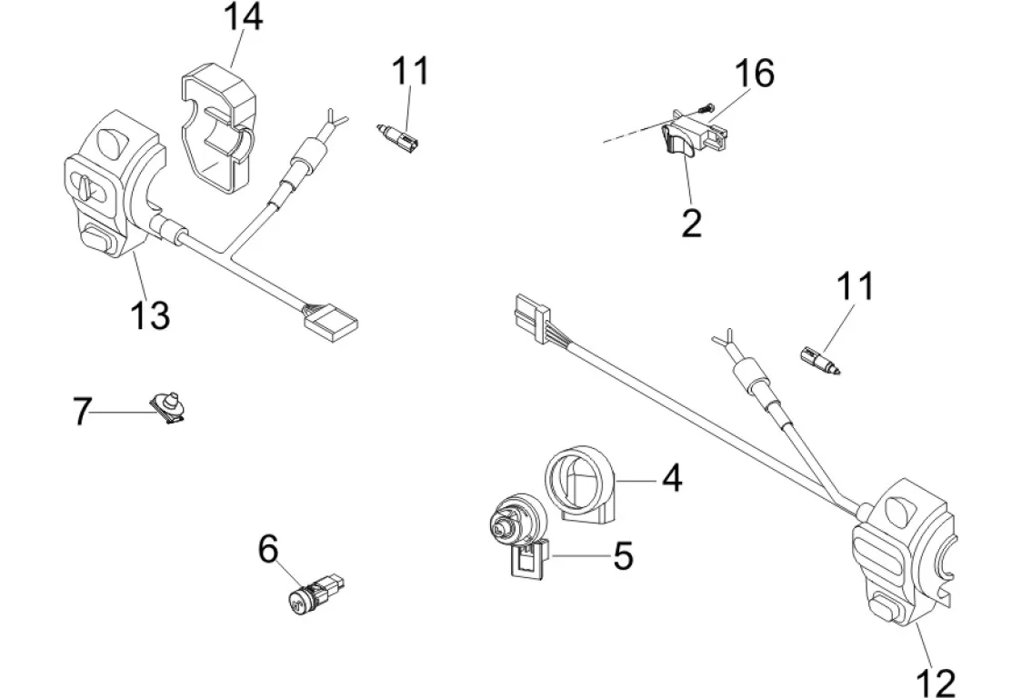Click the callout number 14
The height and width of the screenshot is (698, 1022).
pyautogui.click(x=242, y=18)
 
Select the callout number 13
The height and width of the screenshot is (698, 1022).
pyautogui.click(x=149, y=315)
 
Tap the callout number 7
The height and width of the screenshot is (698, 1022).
pyautogui.click(x=82, y=412)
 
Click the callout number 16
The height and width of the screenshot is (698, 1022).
pyautogui.click(x=755, y=74)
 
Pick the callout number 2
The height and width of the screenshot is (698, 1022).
pyautogui.click(x=691, y=222)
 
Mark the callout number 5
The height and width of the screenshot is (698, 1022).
pyautogui.click(x=622, y=555)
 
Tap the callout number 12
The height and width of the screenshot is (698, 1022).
pyautogui.click(x=935, y=681)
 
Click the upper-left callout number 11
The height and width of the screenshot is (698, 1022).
pyautogui.click(x=410, y=71)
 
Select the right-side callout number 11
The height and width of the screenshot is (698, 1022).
pyautogui.click(x=855, y=286)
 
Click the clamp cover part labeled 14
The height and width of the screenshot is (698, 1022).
pyautogui.click(x=216, y=123)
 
